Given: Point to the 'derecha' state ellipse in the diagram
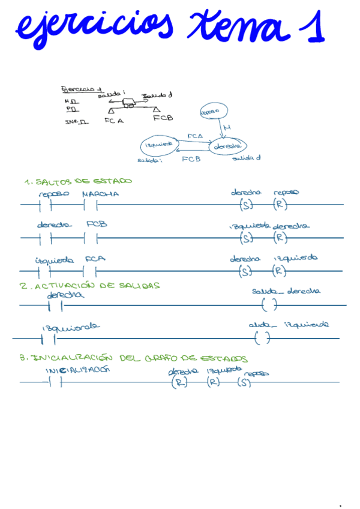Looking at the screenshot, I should (x=227, y=146).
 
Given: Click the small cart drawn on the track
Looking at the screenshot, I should (x=130, y=103).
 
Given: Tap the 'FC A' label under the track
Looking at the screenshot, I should (x=113, y=120).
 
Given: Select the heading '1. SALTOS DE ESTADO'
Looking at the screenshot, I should (x=78, y=181).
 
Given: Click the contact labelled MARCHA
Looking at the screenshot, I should (x=91, y=205).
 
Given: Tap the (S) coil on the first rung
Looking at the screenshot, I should (x=246, y=205).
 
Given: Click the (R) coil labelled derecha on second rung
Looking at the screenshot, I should (x=280, y=238).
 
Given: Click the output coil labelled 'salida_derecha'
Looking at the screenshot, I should (x=271, y=305).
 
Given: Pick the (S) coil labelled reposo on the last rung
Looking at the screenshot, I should (x=244, y=382).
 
